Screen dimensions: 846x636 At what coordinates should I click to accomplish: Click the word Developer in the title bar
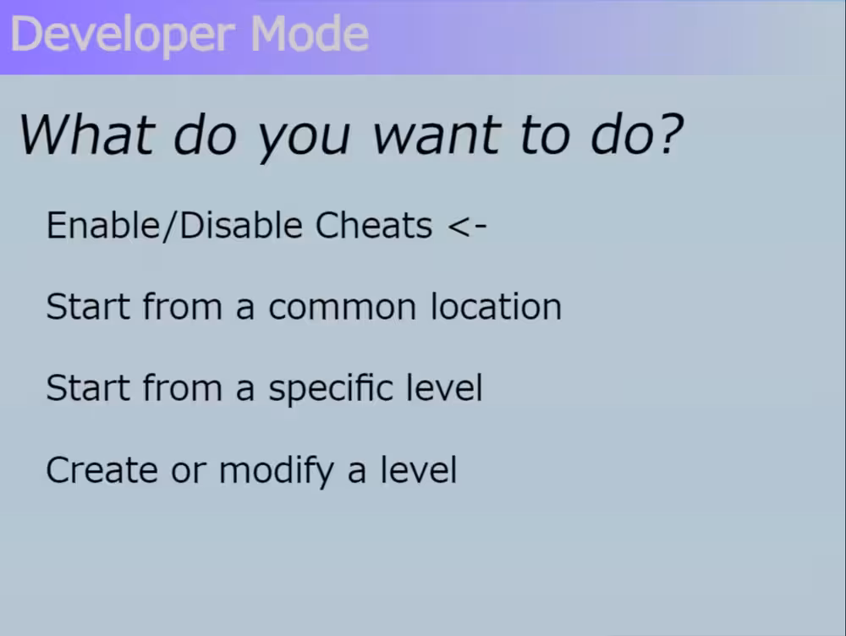click(123, 35)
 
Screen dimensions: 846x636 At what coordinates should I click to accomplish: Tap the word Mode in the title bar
click(309, 34)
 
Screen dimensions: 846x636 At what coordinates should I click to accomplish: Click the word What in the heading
click(87, 134)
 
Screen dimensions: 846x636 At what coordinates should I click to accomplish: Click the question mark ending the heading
click(670, 134)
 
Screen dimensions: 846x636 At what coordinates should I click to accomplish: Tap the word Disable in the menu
click(240, 225)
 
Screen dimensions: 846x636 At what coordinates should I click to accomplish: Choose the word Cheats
click(373, 225)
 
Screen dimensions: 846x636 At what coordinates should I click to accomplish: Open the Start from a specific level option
click(264, 388)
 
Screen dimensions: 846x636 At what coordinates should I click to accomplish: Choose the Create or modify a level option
click(251, 470)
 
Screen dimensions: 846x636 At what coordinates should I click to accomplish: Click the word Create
click(102, 470)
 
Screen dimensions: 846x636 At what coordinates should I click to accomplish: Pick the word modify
click(277, 471)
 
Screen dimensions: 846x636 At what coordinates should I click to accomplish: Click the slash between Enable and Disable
click(170, 226)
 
